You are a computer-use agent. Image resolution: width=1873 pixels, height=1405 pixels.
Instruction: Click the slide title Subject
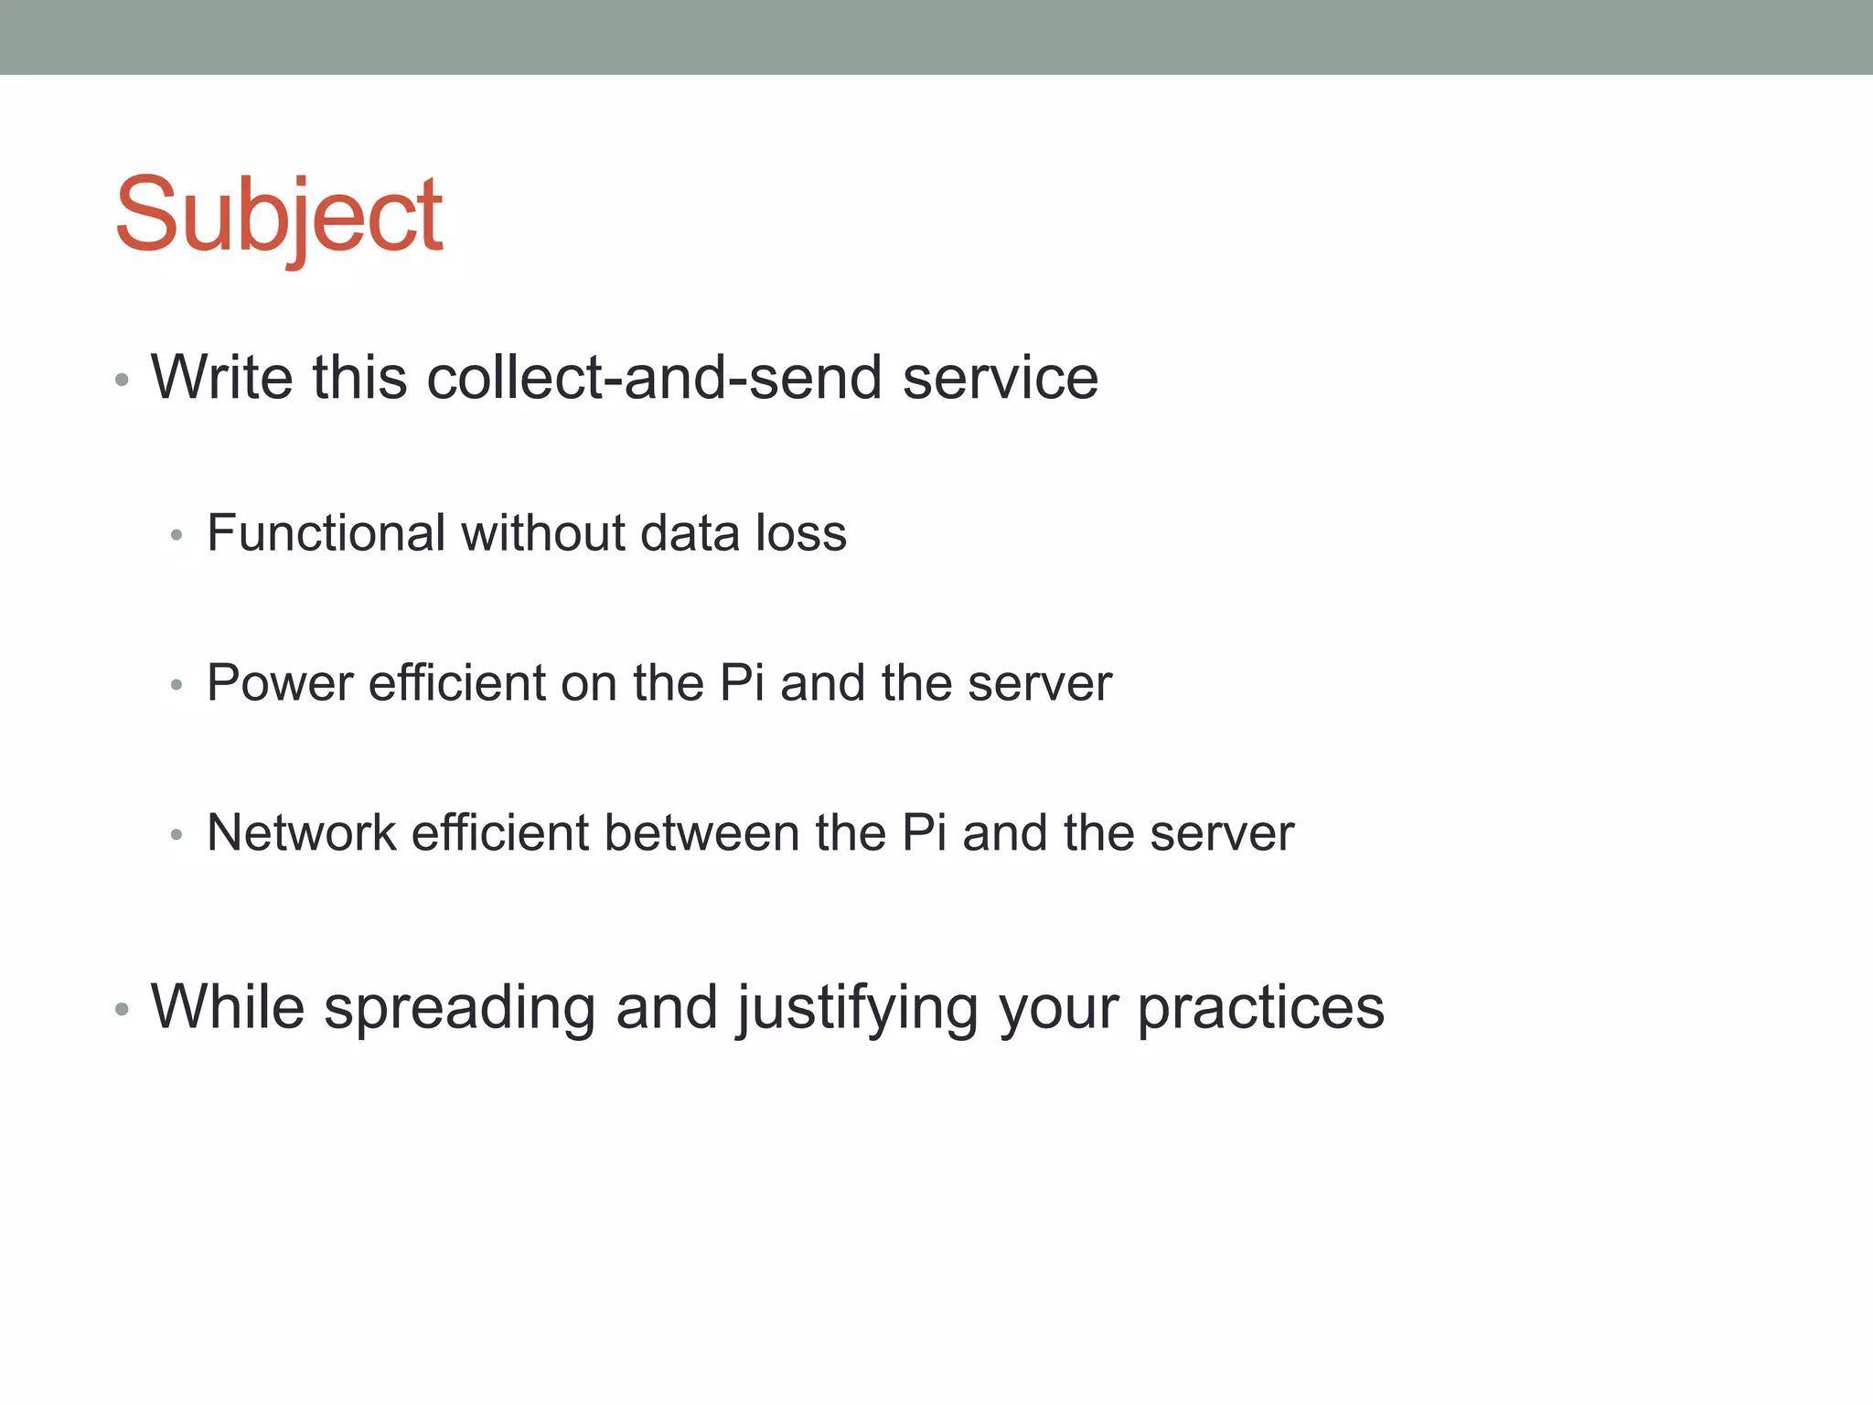tap(279, 217)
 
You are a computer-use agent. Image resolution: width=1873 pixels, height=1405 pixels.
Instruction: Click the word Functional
tap(326, 532)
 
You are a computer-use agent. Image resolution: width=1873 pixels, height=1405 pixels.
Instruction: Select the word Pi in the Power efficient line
tap(742, 682)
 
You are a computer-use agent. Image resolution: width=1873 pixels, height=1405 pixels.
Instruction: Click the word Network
tap(302, 832)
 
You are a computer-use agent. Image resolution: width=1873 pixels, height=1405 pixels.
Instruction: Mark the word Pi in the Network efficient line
tap(924, 832)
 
